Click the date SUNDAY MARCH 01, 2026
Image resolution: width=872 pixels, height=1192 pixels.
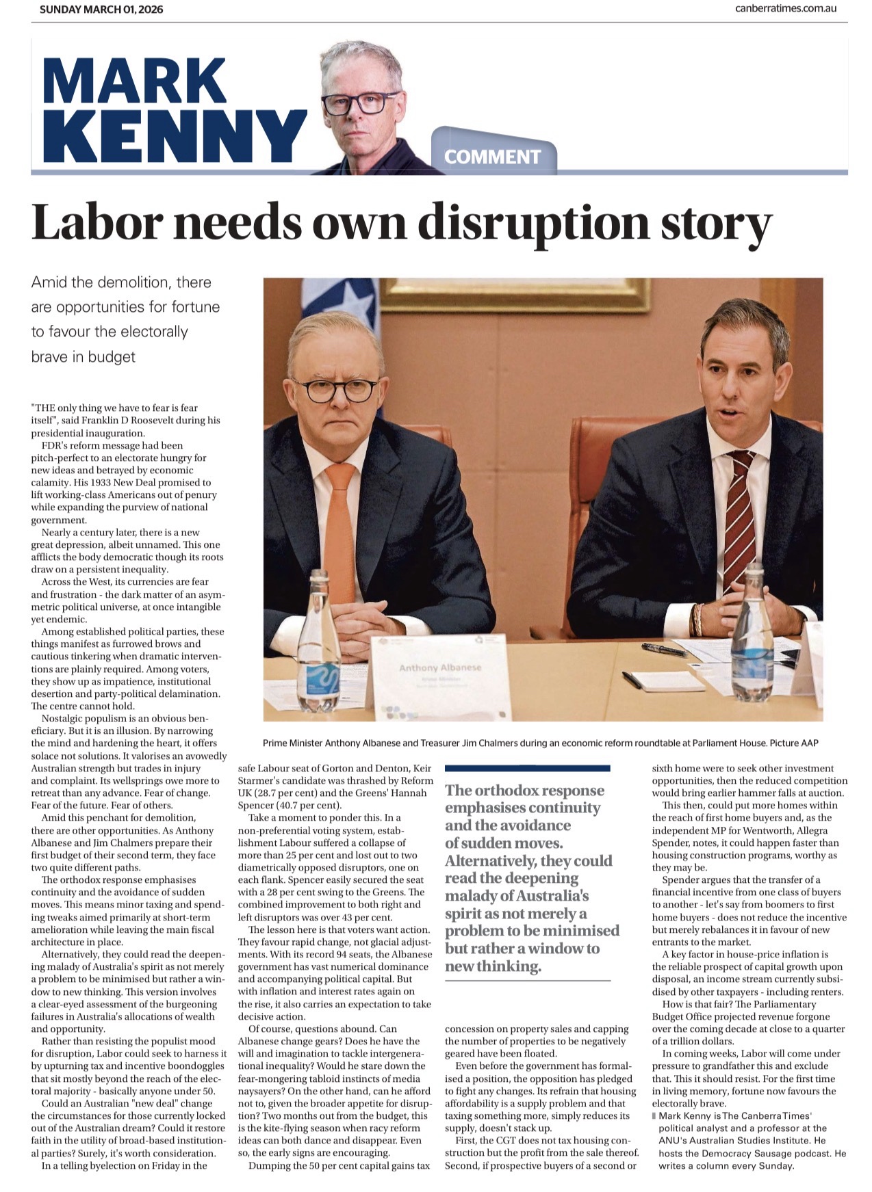(x=101, y=10)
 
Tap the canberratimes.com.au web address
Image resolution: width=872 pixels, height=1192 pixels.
(x=786, y=9)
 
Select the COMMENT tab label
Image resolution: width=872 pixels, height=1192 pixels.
(x=492, y=157)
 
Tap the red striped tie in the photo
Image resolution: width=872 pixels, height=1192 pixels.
(x=739, y=520)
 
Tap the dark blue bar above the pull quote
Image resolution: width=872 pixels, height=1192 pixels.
(x=527, y=768)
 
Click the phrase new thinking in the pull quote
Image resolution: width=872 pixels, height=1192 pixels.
(x=493, y=966)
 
